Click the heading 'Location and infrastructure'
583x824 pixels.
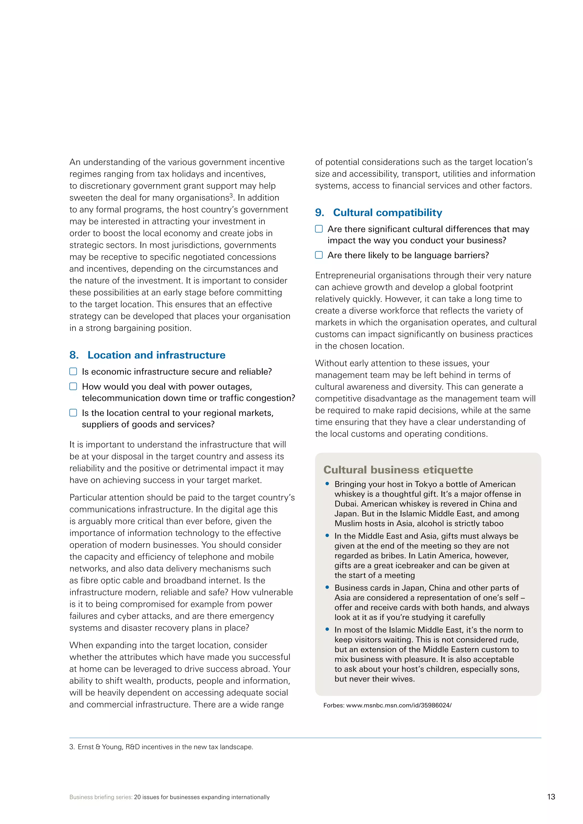(156, 355)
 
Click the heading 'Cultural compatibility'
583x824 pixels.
(387, 213)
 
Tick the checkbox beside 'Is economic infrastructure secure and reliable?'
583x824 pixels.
(73, 371)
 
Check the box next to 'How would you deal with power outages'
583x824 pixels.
(73, 386)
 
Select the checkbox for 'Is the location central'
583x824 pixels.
(73, 413)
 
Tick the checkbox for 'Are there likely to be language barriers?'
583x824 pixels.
(319, 255)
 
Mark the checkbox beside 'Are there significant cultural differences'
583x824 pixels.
(319, 229)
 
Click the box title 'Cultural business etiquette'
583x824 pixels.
(398, 470)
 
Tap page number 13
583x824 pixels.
(551, 797)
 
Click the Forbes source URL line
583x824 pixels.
(387, 705)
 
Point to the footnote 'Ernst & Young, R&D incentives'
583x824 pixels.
(165, 747)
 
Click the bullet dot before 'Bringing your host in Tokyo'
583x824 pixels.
(327, 484)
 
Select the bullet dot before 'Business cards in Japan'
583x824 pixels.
(327, 588)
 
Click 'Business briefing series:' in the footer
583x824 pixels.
(101, 797)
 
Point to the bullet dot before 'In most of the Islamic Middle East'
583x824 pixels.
(327, 629)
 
